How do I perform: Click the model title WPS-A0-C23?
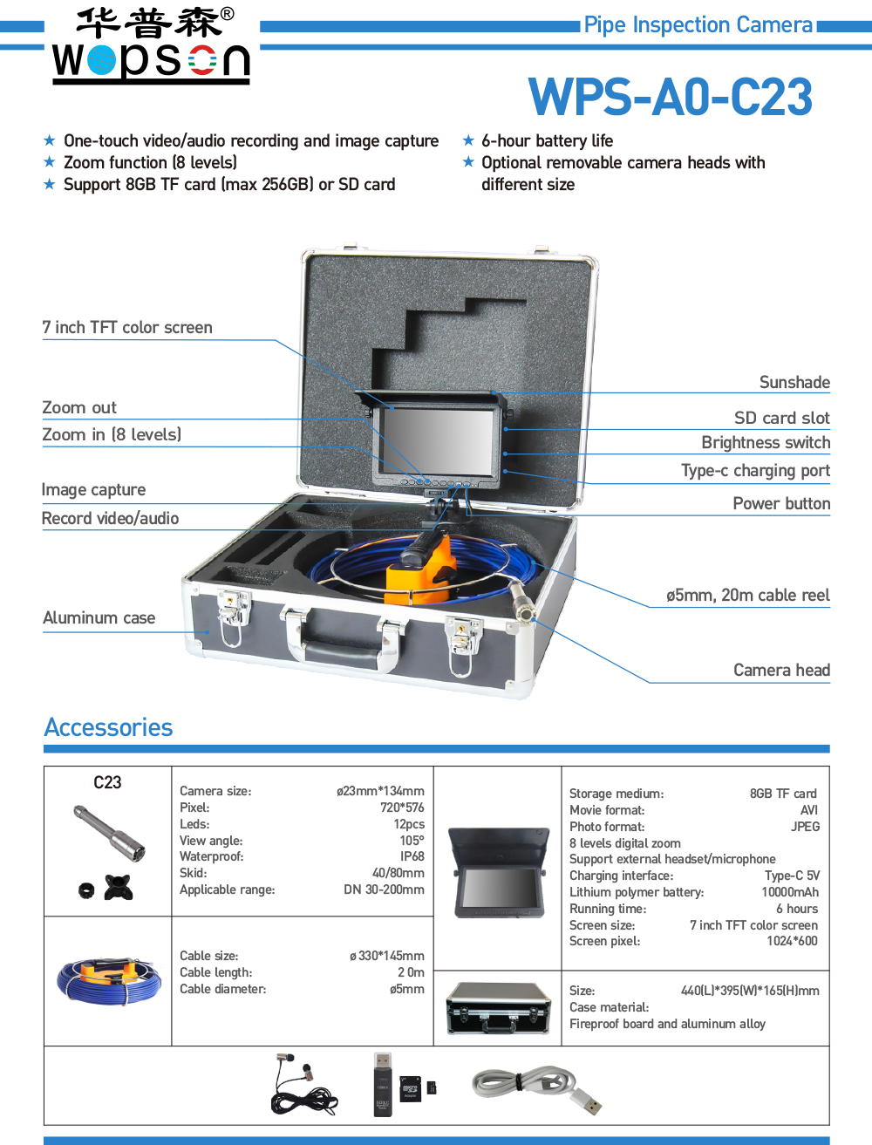click(x=671, y=98)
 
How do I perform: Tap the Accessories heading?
click(x=108, y=727)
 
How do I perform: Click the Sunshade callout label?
click(x=794, y=382)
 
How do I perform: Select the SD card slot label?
click(x=781, y=418)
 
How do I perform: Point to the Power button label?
click(x=780, y=503)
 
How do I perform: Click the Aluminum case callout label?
click(x=99, y=617)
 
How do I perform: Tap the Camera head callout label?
click(x=781, y=670)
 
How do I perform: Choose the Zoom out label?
click(x=79, y=407)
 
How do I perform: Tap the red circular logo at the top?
click(x=202, y=60)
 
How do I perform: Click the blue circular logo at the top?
click(x=101, y=60)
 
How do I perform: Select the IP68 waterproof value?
click(x=412, y=856)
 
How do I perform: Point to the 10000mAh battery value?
click(x=790, y=892)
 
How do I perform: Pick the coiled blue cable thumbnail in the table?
click(x=109, y=981)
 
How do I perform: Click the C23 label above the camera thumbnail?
click(x=107, y=782)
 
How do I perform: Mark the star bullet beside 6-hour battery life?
click(x=468, y=140)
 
